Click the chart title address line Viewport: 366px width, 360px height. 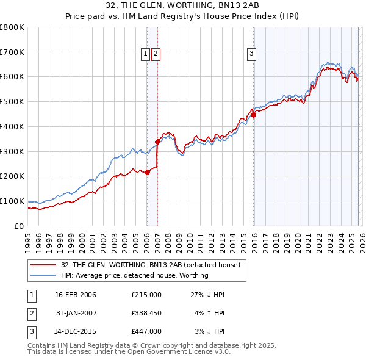[x=182, y=6]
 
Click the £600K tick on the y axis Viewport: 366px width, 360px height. [x=12, y=77]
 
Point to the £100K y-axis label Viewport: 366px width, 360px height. [x=12, y=201]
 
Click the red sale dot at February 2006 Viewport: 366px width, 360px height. [x=147, y=172]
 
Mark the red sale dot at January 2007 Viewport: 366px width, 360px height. [x=157, y=142]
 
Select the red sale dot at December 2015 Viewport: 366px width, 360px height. [x=253, y=115]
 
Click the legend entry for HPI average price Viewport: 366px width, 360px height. [x=135, y=275]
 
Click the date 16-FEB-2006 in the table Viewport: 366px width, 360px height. [x=76, y=295]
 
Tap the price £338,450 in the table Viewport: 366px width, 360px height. [x=146, y=313]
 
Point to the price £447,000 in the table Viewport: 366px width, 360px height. [x=146, y=331]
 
